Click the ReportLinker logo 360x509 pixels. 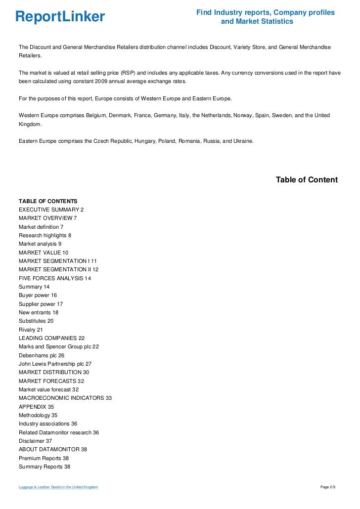click(x=60, y=17)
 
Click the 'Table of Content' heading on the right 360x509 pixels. click(x=307, y=180)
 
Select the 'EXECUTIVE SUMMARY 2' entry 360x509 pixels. click(x=51, y=210)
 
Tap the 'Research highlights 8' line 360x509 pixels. click(x=45, y=235)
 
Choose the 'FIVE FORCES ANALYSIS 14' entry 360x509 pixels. click(x=55, y=278)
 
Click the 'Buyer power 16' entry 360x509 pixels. click(x=38, y=295)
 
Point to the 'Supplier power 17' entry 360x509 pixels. click(x=41, y=304)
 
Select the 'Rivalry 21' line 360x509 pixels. click(x=31, y=330)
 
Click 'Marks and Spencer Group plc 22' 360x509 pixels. click(x=59, y=346)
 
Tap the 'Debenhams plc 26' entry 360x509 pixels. click(x=42, y=355)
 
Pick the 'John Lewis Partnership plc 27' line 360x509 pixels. click(x=55, y=364)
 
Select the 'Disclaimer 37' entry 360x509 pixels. click(x=35, y=441)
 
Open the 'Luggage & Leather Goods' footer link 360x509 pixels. click(x=58, y=488)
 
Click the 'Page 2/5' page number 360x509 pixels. click(x=328, y=488)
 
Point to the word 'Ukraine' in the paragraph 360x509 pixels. click(x=242, y=141)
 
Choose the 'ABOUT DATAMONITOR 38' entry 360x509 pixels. click(x=53, y=449)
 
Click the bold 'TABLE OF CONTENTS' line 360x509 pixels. click(x=48, y=201)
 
